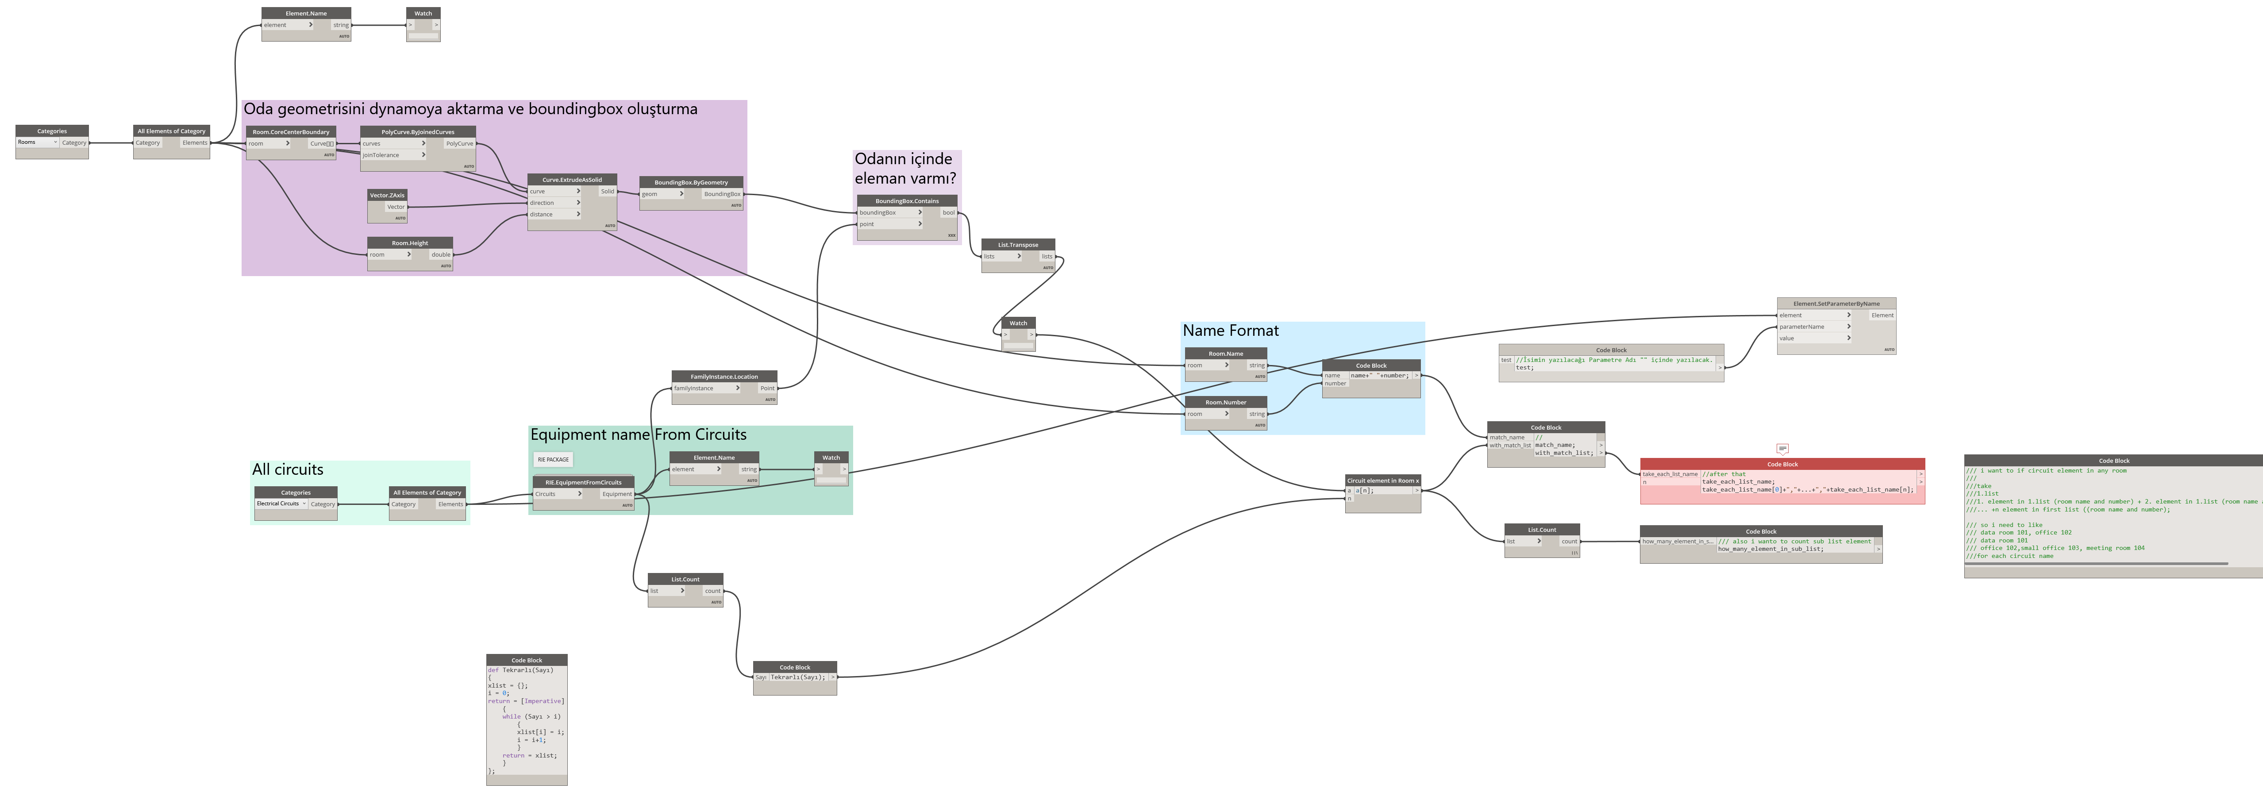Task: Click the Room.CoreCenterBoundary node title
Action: [x=291, y=132]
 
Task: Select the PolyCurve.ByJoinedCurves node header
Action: [x=417, y=132]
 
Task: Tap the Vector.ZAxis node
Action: [x=387, y=195]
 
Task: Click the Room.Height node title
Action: [x=409, y=243]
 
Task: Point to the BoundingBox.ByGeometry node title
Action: [x=690, y=183]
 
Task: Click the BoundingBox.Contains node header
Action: [x=907, y=201]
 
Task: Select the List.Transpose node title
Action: [x=1017, y=245]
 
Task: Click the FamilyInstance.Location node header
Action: [x=724, y=377]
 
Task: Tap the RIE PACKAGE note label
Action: [x=553, y=459]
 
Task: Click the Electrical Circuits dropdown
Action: [x=281, y=504]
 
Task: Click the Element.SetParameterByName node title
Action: [x=1836, y=304]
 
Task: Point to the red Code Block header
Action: [x=1782, y=465]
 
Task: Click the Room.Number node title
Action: [x=1225, y=402]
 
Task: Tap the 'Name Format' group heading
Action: [x=1230, y=331]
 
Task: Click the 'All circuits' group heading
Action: [x=287, y=470]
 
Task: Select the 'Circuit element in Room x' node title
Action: [x=1382, y=481]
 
